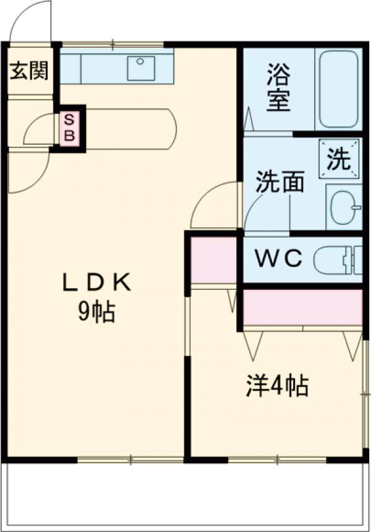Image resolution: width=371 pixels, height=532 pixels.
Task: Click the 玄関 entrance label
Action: (x=28, y=71)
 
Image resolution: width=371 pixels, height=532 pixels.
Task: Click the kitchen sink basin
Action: (x=141, y=68)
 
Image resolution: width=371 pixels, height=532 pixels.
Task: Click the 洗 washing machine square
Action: (x=338, y=160)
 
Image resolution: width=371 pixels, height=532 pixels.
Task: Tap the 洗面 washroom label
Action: (x=280, y=183)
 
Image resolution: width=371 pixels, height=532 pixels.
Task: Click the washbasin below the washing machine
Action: (x=344, y=207)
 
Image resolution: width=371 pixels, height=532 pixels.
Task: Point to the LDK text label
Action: (x=96, y=283)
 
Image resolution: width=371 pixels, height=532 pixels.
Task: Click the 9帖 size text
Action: (x=96, y=313)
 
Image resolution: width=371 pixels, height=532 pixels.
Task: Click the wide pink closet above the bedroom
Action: (x=302, y=306)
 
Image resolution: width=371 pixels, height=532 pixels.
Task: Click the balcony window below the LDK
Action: (x=130, y=460)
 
